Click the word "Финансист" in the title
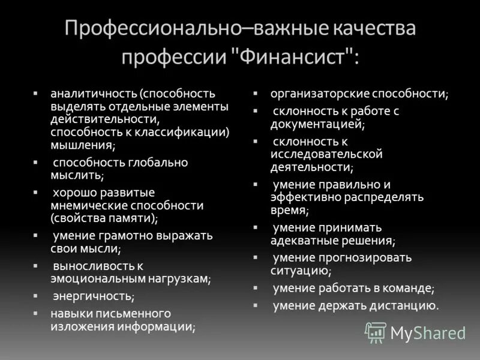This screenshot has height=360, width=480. [x=295, y=58]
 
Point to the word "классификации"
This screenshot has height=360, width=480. [x=187, y=131]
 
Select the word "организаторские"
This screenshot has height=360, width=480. [x=319, y=94]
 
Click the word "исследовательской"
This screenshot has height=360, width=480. [x=326, y=154]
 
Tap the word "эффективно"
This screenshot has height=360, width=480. [x=308, y=197]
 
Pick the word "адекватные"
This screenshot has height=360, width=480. [x=304, y=240]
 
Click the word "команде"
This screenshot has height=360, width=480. [x=407, y=288]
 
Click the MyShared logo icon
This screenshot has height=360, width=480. [x=376, y=332]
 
